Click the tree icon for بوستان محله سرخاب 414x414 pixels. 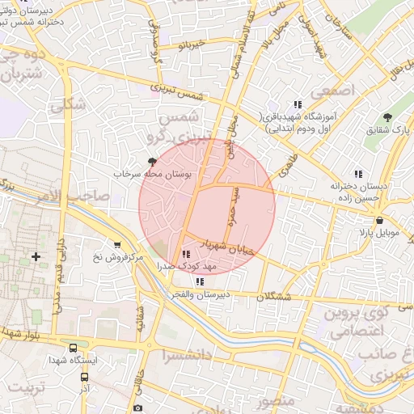click(152, 163)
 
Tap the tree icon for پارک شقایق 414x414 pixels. click(387, 117)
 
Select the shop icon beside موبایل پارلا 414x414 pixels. click(379, 220)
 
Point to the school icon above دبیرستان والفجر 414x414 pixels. click(199, 281)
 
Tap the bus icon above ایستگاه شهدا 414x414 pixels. click(74, 347)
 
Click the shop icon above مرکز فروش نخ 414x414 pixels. click(118, 245)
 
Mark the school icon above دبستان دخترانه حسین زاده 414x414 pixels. click(357, 173)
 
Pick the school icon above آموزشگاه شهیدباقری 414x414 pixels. click(298, 103)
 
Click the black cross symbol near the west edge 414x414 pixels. click(36, 257)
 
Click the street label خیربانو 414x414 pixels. click(192, 44)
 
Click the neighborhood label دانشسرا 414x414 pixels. click(185, 355)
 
